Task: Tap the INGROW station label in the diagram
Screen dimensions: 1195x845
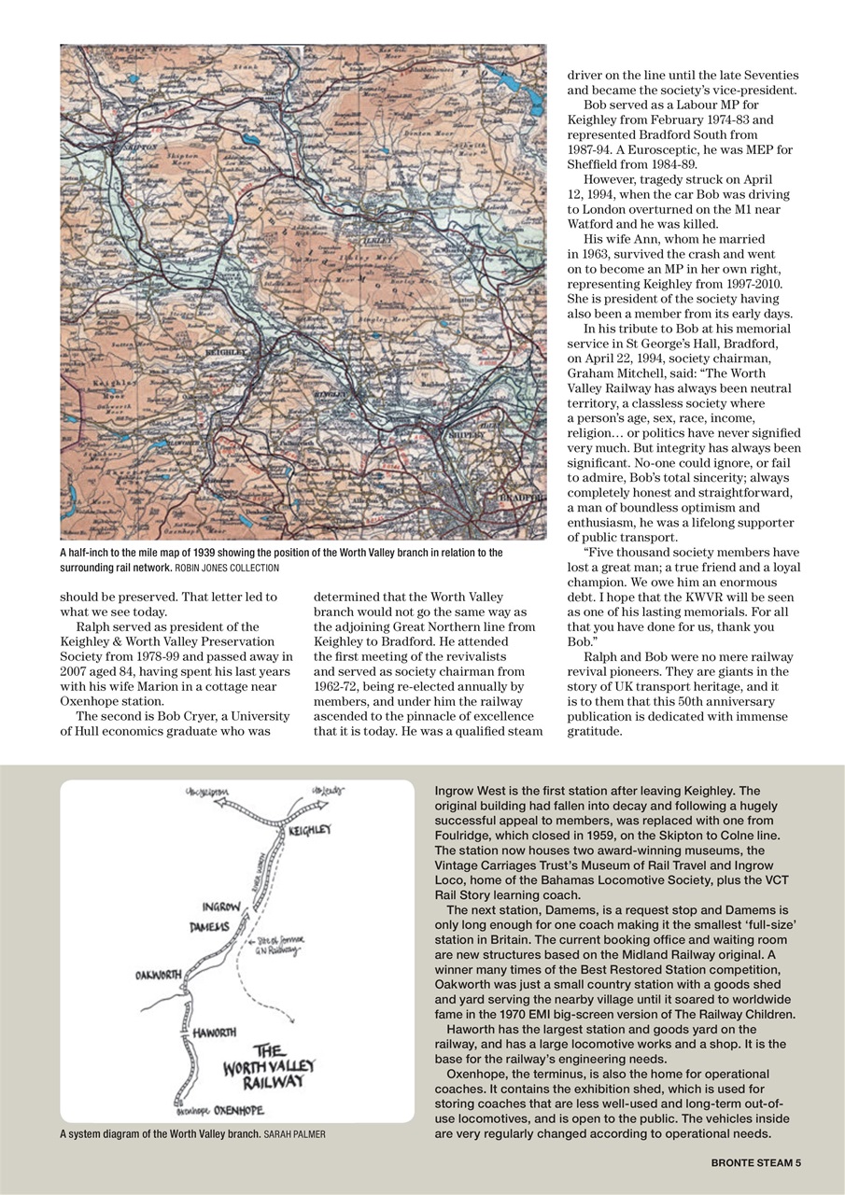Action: coord(222,907)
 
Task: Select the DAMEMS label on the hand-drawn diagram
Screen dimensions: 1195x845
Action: coord(210,926)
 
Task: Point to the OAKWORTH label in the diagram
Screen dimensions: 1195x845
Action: coord(158,975)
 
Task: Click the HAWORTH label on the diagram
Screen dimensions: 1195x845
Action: coord(214,1033)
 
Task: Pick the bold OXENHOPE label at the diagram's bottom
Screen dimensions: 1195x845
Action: coord(238,1111)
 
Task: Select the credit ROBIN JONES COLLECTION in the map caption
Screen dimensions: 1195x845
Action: coord(227,568)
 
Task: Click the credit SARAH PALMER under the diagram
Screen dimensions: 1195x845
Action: coord(295,1134)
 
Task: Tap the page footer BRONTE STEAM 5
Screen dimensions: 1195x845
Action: coord(755,1162)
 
